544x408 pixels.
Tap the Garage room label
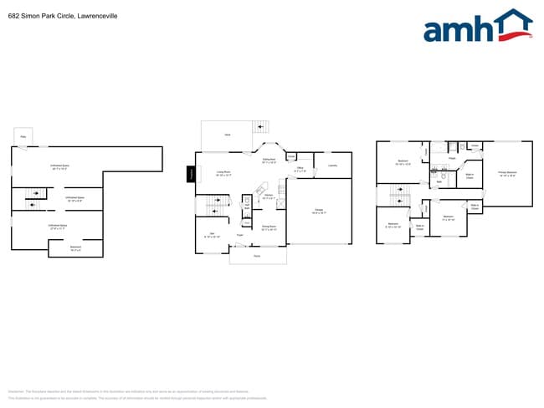click(x=319, y=211)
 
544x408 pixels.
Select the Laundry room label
click(x=332, y=166)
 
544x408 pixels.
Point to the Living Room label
click(x=223, y=174)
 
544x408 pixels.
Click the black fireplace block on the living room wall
click(x=191, y=174)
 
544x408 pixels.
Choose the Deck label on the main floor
click(x=227, y=135)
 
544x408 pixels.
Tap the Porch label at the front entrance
click(x=257, y=255)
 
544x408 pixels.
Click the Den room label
click(x=212, y=235)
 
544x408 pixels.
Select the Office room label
click(x=300, y=170)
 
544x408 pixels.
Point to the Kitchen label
click(x=268, y=196)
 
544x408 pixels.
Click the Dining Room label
click(x=269, y=227)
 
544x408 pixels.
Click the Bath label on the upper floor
click(x=439, y=182)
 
